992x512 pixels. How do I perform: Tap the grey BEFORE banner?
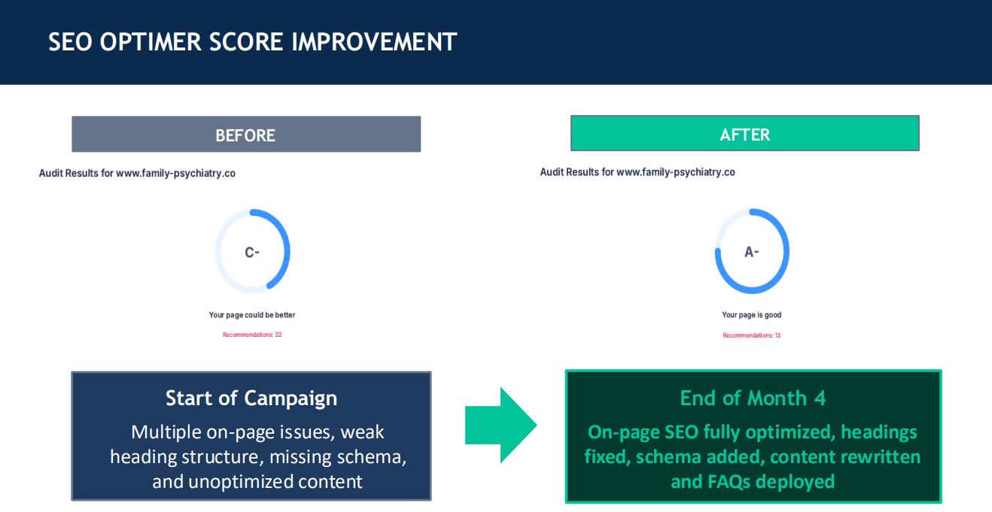point(246,134)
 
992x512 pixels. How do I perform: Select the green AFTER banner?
point(745,133)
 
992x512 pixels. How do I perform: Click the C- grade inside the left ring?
point(252,252)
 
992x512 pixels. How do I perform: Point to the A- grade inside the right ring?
point(752,252)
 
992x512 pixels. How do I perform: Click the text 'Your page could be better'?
point(252,315)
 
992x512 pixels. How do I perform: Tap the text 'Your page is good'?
point(752,315)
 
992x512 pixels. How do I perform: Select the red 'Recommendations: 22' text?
point(252,335)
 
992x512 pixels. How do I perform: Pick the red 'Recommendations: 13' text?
point(752,335)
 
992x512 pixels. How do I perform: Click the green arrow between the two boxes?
point(501,426)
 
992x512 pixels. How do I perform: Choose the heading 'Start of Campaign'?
point(251,398)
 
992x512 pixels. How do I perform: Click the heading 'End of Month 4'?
point(753,398)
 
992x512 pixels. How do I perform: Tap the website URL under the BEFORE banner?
point(175,173)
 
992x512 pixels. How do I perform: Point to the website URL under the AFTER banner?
point(676,172)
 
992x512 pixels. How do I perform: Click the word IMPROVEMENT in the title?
point(374,42)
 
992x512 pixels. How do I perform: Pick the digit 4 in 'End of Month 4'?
point(820,398)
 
